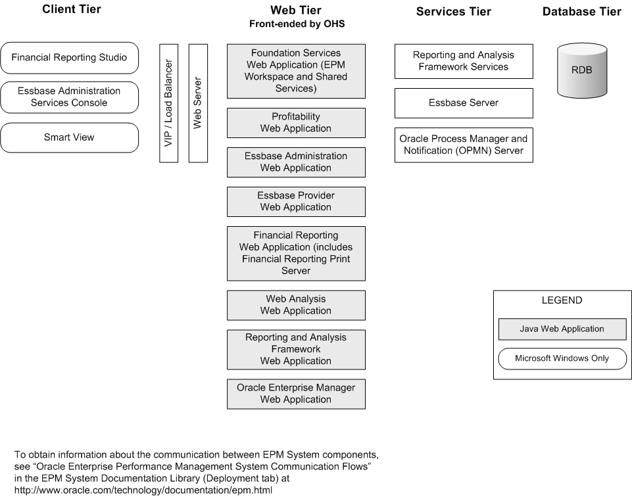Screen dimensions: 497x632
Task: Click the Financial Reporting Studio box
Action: click(69, 58)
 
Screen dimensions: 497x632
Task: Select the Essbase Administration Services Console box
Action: click(69, 97)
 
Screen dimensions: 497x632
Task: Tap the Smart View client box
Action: click(69, 137)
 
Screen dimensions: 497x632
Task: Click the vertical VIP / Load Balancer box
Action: click(169, 103)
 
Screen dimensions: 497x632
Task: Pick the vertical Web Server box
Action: click(198, 103)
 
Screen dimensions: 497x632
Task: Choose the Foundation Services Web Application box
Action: click(296, 71)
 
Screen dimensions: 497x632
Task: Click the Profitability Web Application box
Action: click(296, 123)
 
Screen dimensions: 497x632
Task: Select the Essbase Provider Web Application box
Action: click(296, 202)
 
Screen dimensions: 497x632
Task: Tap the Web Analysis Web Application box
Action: click(296, 305)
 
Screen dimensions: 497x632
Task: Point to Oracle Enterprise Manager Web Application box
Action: click(296, 394)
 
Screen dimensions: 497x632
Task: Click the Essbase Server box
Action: click(464, 103)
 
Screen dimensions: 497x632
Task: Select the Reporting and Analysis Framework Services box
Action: click(464, 61)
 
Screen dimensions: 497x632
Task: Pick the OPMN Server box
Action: click(464, 145)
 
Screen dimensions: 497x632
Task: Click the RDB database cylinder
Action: click(581, 70)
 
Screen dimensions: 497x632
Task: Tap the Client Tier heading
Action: click(72, 10)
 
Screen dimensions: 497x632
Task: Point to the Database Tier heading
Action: click(581, 11)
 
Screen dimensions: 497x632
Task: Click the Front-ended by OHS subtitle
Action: click(296, 24)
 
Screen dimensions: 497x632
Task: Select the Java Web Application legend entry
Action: click(562, 329)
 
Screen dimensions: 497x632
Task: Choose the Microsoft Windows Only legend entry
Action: click(562, 358)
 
